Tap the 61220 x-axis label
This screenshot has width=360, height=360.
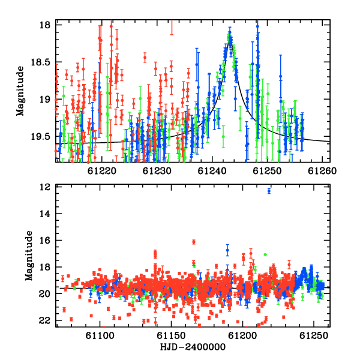point(102,171)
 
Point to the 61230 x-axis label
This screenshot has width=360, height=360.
point(157,171)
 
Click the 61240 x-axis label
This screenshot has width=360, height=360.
point(212,171)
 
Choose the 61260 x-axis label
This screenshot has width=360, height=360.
point(322,171)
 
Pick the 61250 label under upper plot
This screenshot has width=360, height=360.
point(267,171)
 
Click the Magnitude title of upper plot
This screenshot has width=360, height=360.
point(20,91)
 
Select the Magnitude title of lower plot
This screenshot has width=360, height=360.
point(29,256)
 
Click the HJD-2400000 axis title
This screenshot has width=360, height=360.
point(193,347)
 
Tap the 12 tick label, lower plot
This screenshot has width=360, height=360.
point(45,187)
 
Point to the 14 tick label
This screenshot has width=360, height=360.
point(45,214)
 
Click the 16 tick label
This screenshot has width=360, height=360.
point(45,241)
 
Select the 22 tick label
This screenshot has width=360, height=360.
point(45,320)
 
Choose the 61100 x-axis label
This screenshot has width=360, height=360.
point(100,335)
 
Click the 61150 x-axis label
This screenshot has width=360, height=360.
point(171,335)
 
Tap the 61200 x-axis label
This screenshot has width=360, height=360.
point(242,335)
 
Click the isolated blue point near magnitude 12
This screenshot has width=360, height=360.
point(269,191)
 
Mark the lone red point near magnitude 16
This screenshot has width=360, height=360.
point(194,242)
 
